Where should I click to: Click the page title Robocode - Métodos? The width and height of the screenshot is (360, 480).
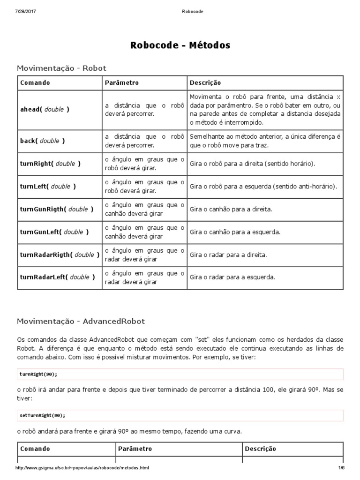[180, 45]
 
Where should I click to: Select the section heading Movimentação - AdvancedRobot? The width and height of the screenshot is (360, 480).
[81, 321]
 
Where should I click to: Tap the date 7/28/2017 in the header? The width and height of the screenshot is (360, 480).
[26, 11]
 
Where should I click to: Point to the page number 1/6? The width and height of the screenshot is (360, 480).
[341, 468]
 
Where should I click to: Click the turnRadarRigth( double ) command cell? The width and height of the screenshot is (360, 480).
[60, 255]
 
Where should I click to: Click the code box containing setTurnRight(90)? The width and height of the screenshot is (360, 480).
[180, 415]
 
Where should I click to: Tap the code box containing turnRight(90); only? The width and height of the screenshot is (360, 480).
[180, 374]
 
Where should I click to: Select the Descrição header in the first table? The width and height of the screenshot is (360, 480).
[205, 82]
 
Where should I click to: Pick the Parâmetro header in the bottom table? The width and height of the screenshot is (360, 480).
[135, 449]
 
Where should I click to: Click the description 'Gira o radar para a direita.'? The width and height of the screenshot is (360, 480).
[228, 255]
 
